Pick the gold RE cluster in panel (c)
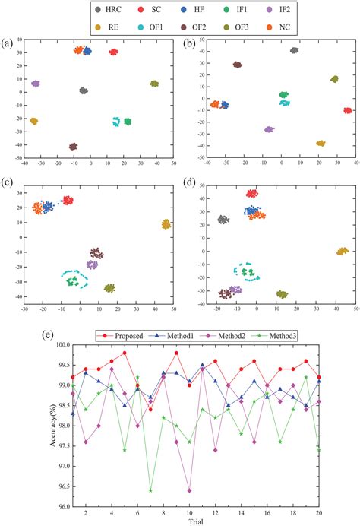(x=166, y=224)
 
